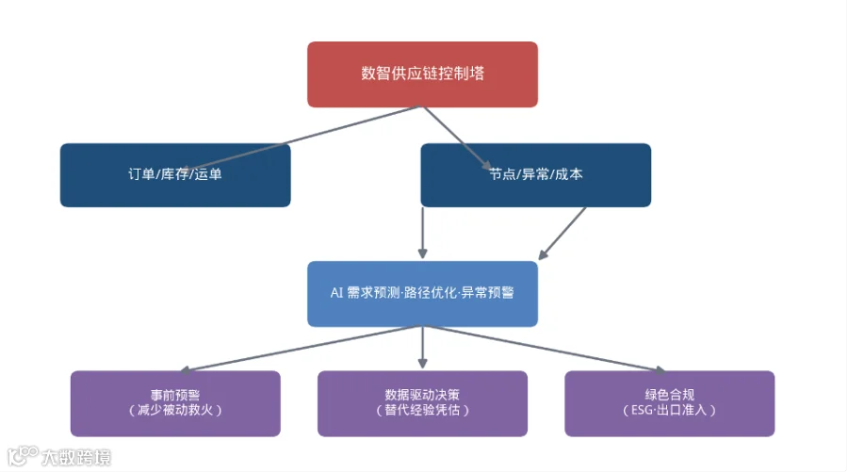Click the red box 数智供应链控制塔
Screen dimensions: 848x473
click(422, 74)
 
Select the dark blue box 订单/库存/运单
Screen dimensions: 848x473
click(175, 175)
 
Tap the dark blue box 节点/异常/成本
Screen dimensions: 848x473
click(536, 175)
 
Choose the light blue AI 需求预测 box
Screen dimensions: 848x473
click(422, 294)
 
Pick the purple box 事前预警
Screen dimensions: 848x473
click(175, 404)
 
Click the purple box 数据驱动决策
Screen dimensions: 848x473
click(422, 404)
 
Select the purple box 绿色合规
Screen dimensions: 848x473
click(670, 404)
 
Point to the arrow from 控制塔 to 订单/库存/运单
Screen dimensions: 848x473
click(303, 139)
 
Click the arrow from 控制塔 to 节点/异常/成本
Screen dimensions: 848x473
click(457, 138)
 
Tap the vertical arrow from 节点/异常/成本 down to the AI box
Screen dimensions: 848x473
click(422, 233)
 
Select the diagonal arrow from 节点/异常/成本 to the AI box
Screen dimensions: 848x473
click(562, 234)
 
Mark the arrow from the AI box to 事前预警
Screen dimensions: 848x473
click(301, 350)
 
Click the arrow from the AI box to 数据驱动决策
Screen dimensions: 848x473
click(422, 348)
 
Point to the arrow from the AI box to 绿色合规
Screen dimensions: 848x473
click(545, 350)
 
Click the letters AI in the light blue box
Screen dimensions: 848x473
click(336, 293)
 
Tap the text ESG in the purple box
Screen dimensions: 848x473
click(642, 410)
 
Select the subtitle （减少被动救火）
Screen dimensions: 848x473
click(175, 410)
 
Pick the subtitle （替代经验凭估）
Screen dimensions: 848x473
click(422, 410)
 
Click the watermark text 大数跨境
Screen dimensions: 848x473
click(76, 458)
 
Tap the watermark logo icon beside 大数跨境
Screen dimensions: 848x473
click(23, 456)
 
